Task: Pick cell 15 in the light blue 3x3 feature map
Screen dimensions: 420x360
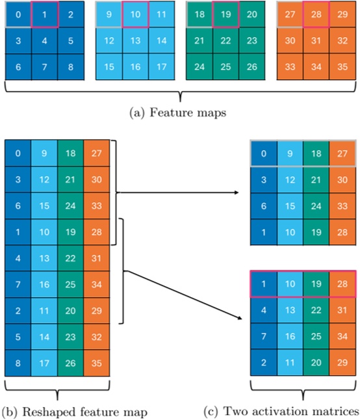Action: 110,66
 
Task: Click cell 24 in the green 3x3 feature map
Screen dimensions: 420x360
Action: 199,66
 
